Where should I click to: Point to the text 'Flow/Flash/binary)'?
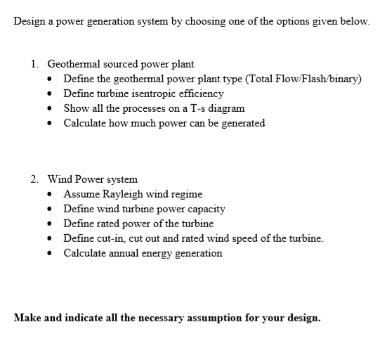[320, 79]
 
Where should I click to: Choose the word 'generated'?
[241, 123]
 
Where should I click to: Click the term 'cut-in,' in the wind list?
[110, 238]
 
